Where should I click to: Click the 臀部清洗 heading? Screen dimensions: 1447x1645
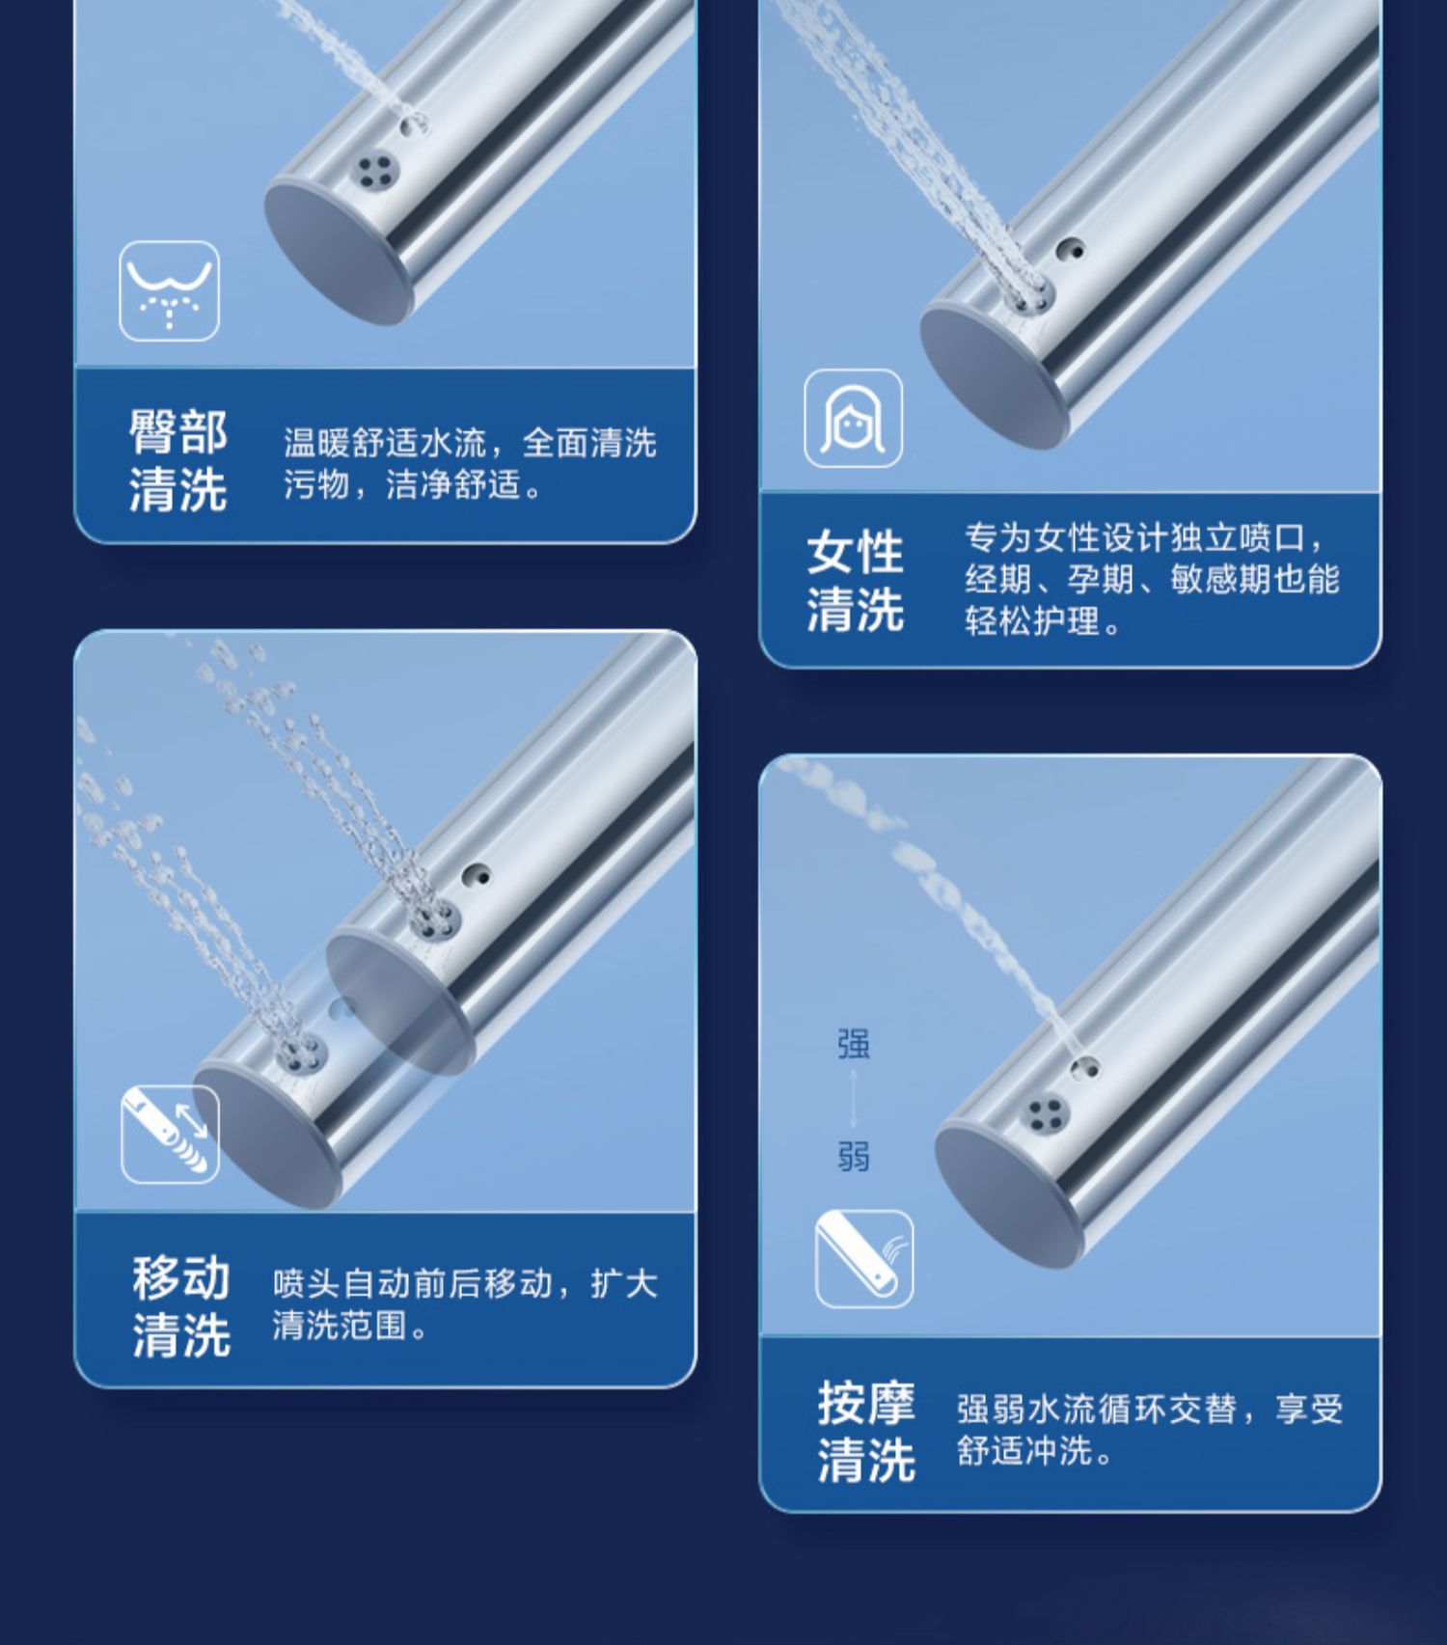click(178, 459)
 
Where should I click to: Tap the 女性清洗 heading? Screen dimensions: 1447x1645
click(856, 580)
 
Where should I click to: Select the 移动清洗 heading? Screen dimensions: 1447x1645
click(181, 1306)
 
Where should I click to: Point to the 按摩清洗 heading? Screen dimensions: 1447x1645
click(866, 1431)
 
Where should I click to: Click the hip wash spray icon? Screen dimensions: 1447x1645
click(169, 290)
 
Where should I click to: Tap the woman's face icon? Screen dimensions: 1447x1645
click(854, 419)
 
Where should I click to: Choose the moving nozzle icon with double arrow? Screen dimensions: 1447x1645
click(170, 1134)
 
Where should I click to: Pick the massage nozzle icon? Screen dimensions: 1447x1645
click(864, 1259)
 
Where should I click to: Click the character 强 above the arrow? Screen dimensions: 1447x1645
click(854, 1044)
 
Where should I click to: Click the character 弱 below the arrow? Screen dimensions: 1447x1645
click(854, 1156)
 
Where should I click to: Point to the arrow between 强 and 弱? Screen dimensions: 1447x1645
click(854, 1100)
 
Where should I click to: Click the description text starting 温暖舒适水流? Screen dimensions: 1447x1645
click(470, 463)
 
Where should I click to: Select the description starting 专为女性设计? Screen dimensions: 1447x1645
click(1152, 579)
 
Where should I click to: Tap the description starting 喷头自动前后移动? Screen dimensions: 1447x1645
click(465, 1304)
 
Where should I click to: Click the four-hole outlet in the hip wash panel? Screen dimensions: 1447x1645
click(373, 170)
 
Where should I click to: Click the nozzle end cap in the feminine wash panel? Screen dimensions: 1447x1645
click(995, 375)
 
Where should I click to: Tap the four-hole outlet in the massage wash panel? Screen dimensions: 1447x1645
click(1045, 1115)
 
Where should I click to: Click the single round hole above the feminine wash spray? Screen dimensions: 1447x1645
click(1069, 251)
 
